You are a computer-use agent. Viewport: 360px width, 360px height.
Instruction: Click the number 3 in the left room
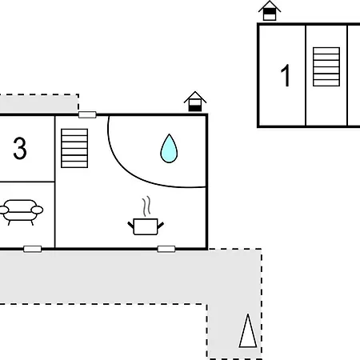pyautogui.click(x=20, y=148)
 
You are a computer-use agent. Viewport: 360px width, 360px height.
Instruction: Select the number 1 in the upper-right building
pyautogui.click(x=286, y=75)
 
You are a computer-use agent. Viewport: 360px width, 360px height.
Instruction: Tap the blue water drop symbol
pyautogui.click(x=169, y=148)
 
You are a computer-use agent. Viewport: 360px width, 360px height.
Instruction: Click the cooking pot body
pyautogui.click(x=146, y=226)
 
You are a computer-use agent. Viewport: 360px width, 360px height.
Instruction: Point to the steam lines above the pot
pyautogui.click(x=146, y=206)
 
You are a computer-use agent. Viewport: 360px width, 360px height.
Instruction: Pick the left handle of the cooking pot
pyautogui.click(x=130, y=225)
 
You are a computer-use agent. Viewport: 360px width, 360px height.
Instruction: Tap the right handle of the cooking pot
pyautogui.click(x=161, y=226)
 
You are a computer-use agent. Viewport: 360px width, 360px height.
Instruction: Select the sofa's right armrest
pyautogui.click(x=37, y=210)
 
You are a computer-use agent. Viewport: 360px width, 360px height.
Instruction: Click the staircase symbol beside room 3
pyautogui.click(x=74, y=148)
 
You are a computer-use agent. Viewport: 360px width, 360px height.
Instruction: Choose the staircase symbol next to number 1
pyautogui.click(x=326, y=66)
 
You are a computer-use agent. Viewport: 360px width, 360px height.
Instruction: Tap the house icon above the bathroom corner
pyautogui.click(x=195, y=102)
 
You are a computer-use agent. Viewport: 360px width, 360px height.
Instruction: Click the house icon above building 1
pyautogui.click(x=270, y=10)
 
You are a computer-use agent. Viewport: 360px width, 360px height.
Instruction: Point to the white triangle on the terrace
pyautogui.click(x=248, y=332)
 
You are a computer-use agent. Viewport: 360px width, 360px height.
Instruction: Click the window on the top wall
pyautogui.click(x=87, y=115)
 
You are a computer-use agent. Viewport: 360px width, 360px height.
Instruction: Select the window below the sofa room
pyautogui.click(x=33, y=249)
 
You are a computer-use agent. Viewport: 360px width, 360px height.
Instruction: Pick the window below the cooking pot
pyautogui.click(x=166, y=249)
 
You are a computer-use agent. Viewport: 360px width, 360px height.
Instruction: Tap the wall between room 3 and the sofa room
pyautogui.click(x=27, y=182)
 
